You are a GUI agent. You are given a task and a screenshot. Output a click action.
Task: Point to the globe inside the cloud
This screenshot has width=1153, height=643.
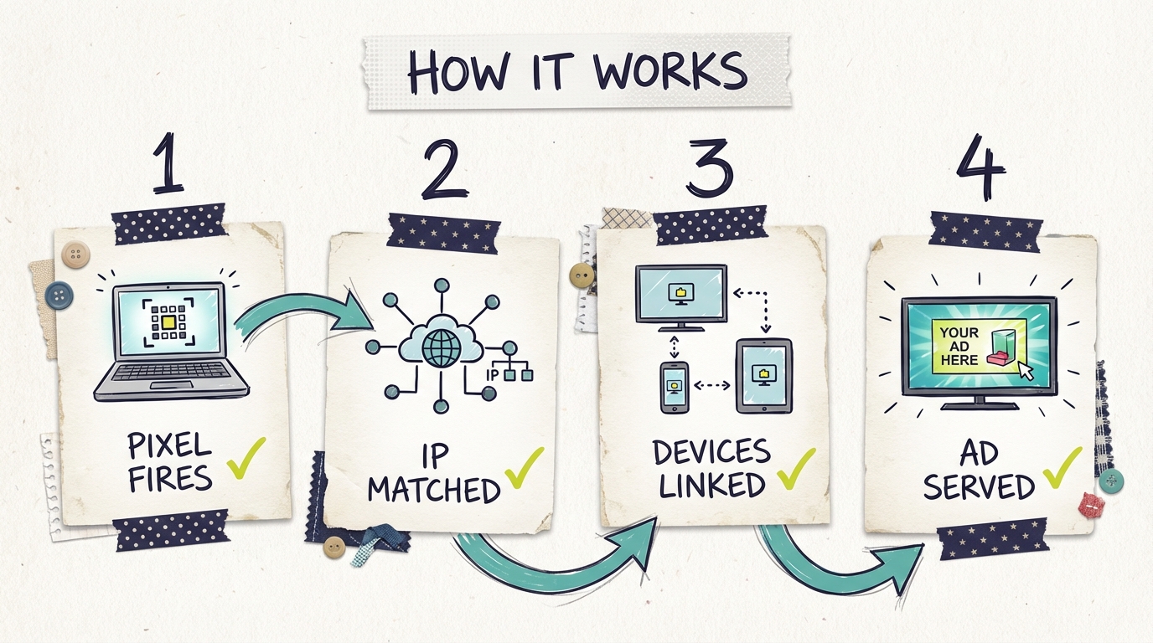[439, 346]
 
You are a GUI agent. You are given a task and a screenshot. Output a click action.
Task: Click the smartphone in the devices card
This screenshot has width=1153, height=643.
[674, 387]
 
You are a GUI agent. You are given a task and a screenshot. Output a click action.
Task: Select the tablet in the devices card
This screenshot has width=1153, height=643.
[763, 376]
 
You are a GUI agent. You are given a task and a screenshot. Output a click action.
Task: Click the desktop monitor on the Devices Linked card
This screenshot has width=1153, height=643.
[680, 295]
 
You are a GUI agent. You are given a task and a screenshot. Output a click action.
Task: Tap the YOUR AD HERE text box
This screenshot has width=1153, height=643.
[959, 346]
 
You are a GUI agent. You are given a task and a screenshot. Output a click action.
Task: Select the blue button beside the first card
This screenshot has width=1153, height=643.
[59, 294]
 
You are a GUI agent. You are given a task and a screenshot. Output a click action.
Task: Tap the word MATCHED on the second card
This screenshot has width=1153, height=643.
[434, 490]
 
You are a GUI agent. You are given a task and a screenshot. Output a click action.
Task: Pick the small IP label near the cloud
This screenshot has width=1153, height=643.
[492, 374]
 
